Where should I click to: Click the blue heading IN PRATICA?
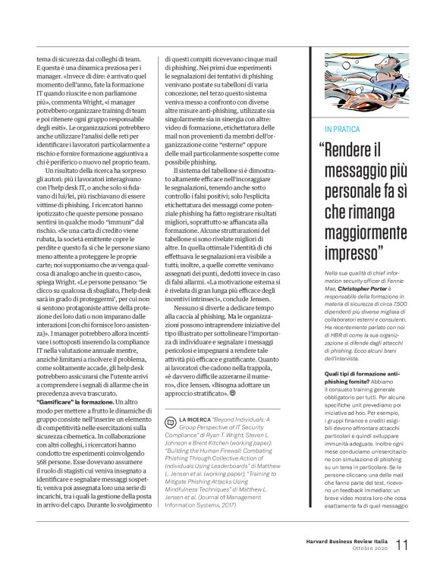pyautogui.click(x=343, y=129)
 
